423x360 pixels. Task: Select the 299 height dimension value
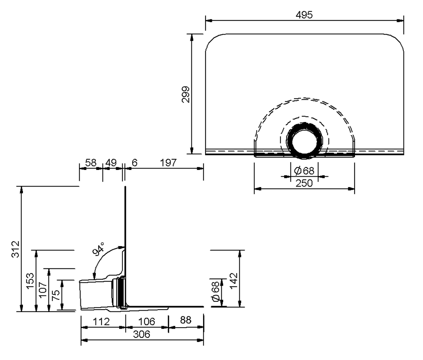[x=186, y=94]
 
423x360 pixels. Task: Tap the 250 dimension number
[x=304, y=183]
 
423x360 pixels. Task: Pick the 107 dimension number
[x=43, y=290]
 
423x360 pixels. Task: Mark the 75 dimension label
[x=55, y=295]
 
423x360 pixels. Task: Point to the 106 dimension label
[x=147, y=321]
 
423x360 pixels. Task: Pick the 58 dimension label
[x=91, y=163]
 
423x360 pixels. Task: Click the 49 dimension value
[x=111, y=163]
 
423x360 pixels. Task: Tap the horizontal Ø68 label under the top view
[x=304, y=171]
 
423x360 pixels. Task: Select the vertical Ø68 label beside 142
[x=216, y=293]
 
